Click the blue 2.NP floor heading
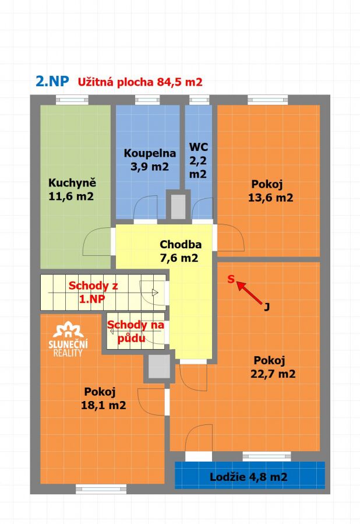(52, 81)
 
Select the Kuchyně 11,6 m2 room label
(72, 189)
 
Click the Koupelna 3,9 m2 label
(150, 160)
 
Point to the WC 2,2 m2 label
(199, 160)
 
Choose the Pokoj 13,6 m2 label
(270, 191)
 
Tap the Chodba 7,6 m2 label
(181, 251)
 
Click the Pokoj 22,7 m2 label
(273, 367)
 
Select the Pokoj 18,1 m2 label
(103, 398)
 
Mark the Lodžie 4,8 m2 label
(249, 477)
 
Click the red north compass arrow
(249, 293)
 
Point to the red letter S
(231, 279)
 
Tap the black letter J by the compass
(267, 307)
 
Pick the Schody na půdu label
(136, 331)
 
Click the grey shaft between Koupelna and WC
(178, 207)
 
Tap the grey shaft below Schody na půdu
(159, 367)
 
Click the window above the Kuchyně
(72, 100)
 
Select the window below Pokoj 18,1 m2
(101, 489)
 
